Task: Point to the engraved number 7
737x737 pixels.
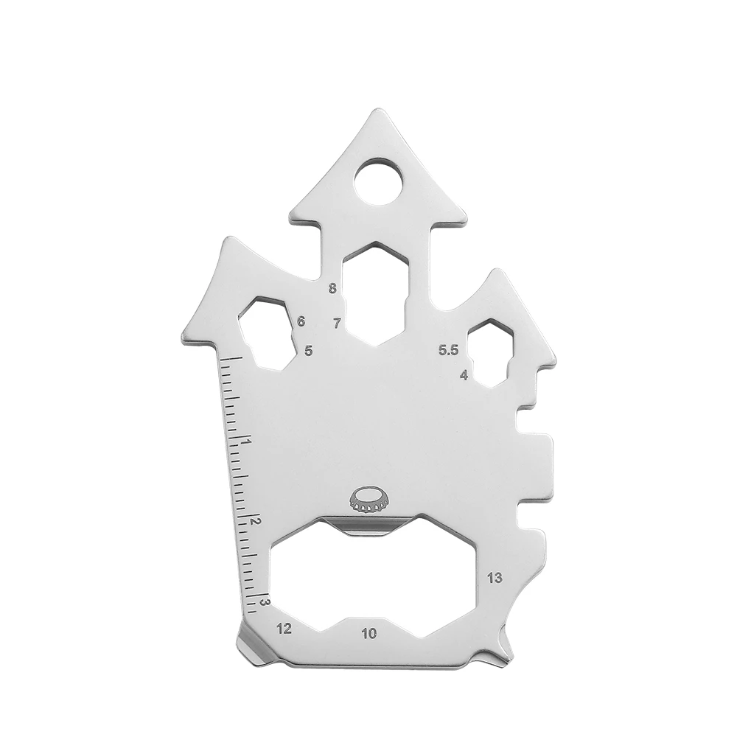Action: click(337, 323)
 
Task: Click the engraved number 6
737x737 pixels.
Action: click(301, 321)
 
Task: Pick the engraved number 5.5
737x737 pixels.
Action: click(448, 351)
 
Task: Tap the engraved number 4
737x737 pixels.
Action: click(464, 374)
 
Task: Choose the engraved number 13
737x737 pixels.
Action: click(495, 578)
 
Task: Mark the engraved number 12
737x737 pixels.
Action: click(284, 629)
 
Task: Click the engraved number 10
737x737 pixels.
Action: click(369, 632)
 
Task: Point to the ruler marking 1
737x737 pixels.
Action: click(245, 442)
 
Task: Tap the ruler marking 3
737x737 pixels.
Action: click(264, 602)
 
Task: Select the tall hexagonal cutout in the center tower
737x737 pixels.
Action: click(377, 292)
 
